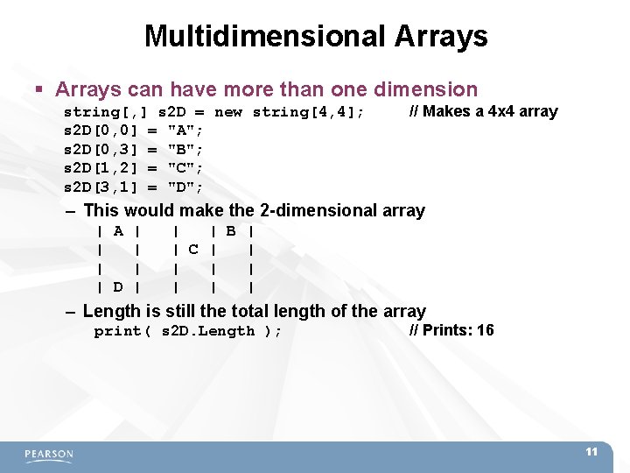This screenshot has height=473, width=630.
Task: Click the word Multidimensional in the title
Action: (265, 36)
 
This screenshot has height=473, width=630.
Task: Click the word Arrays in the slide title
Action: (441, 36)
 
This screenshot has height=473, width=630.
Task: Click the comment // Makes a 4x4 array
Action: (483, 111)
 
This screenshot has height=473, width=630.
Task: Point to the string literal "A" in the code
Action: (185, 131)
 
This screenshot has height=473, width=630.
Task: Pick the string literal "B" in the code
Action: (185, 149)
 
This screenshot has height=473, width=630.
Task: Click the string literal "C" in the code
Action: (185, 168)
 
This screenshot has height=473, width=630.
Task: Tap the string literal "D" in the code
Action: (185, 187)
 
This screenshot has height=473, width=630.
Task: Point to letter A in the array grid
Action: (118, 231)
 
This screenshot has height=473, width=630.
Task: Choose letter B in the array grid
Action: (231, 231)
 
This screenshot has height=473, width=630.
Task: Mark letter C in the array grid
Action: (193, 250)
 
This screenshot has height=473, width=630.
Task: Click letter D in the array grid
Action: (118, 287)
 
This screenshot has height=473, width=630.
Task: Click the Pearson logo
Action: (49, 455)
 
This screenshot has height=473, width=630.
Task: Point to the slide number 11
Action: (591, 452)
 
